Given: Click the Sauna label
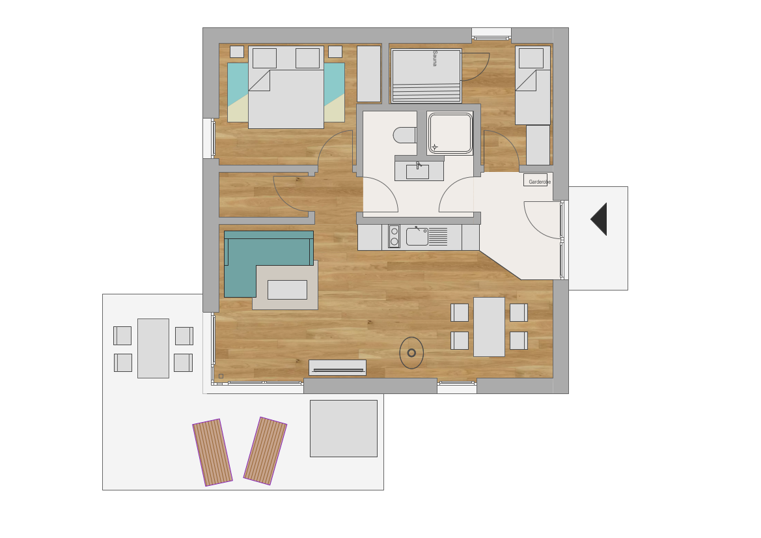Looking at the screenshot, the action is click(435, 58).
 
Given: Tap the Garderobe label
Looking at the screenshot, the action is click(540, 182).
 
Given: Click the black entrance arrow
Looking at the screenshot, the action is click(599, 219).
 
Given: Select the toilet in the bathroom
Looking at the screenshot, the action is click(405, 135).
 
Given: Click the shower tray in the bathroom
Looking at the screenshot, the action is click(450, 134).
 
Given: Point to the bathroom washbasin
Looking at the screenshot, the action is click(417, 172).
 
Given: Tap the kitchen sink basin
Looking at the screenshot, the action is click(417, 236).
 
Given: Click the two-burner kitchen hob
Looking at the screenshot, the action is click(394, 236).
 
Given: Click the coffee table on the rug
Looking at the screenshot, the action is click(287, 290).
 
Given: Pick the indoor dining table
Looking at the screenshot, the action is click(490, 327).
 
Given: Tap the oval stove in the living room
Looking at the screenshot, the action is click(411, 353).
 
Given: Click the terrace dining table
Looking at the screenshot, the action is click(154, 348).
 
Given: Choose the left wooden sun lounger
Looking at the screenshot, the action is click(213, 453).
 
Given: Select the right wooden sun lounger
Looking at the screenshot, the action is click(265, 451).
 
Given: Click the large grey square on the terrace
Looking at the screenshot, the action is click(344, 429).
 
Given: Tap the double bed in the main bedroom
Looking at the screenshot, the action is click(286, 87).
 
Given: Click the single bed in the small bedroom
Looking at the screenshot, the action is click(533, 85).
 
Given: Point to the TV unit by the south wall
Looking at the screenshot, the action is click(338, 367).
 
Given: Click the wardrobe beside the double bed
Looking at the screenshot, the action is click(369, 74).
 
